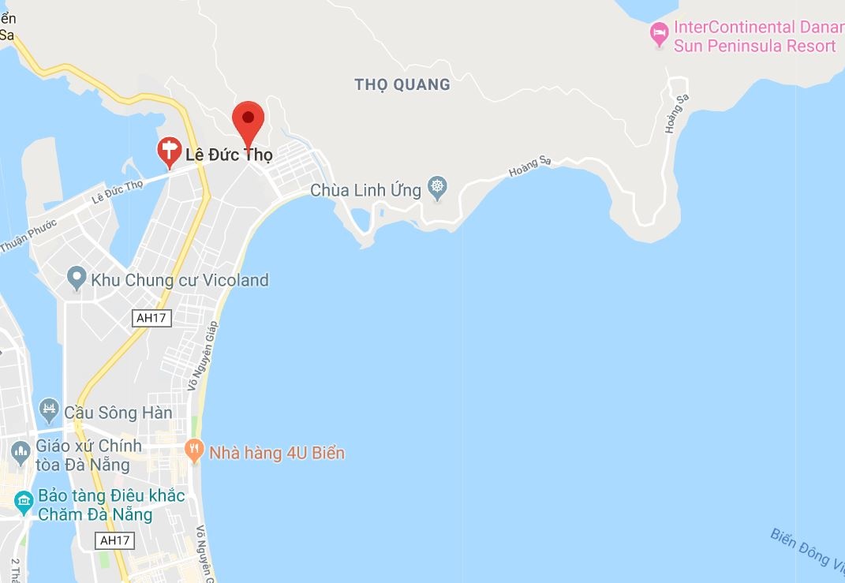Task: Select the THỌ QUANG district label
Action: point(402,84)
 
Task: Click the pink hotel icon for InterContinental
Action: point(659,34)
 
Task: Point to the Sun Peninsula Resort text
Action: point(754,46)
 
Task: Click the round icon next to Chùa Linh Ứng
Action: point(437,189)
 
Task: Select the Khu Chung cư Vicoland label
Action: point(180,280)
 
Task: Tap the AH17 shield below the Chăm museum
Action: point(114,540)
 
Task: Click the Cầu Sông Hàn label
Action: point(118,412)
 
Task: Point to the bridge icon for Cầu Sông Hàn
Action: point(49,409)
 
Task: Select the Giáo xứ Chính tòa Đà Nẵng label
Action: point(88,454)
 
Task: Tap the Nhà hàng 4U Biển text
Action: point(276,453)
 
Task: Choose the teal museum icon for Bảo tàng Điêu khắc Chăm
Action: point(24,500)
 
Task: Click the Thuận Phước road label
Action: point(28,235)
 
